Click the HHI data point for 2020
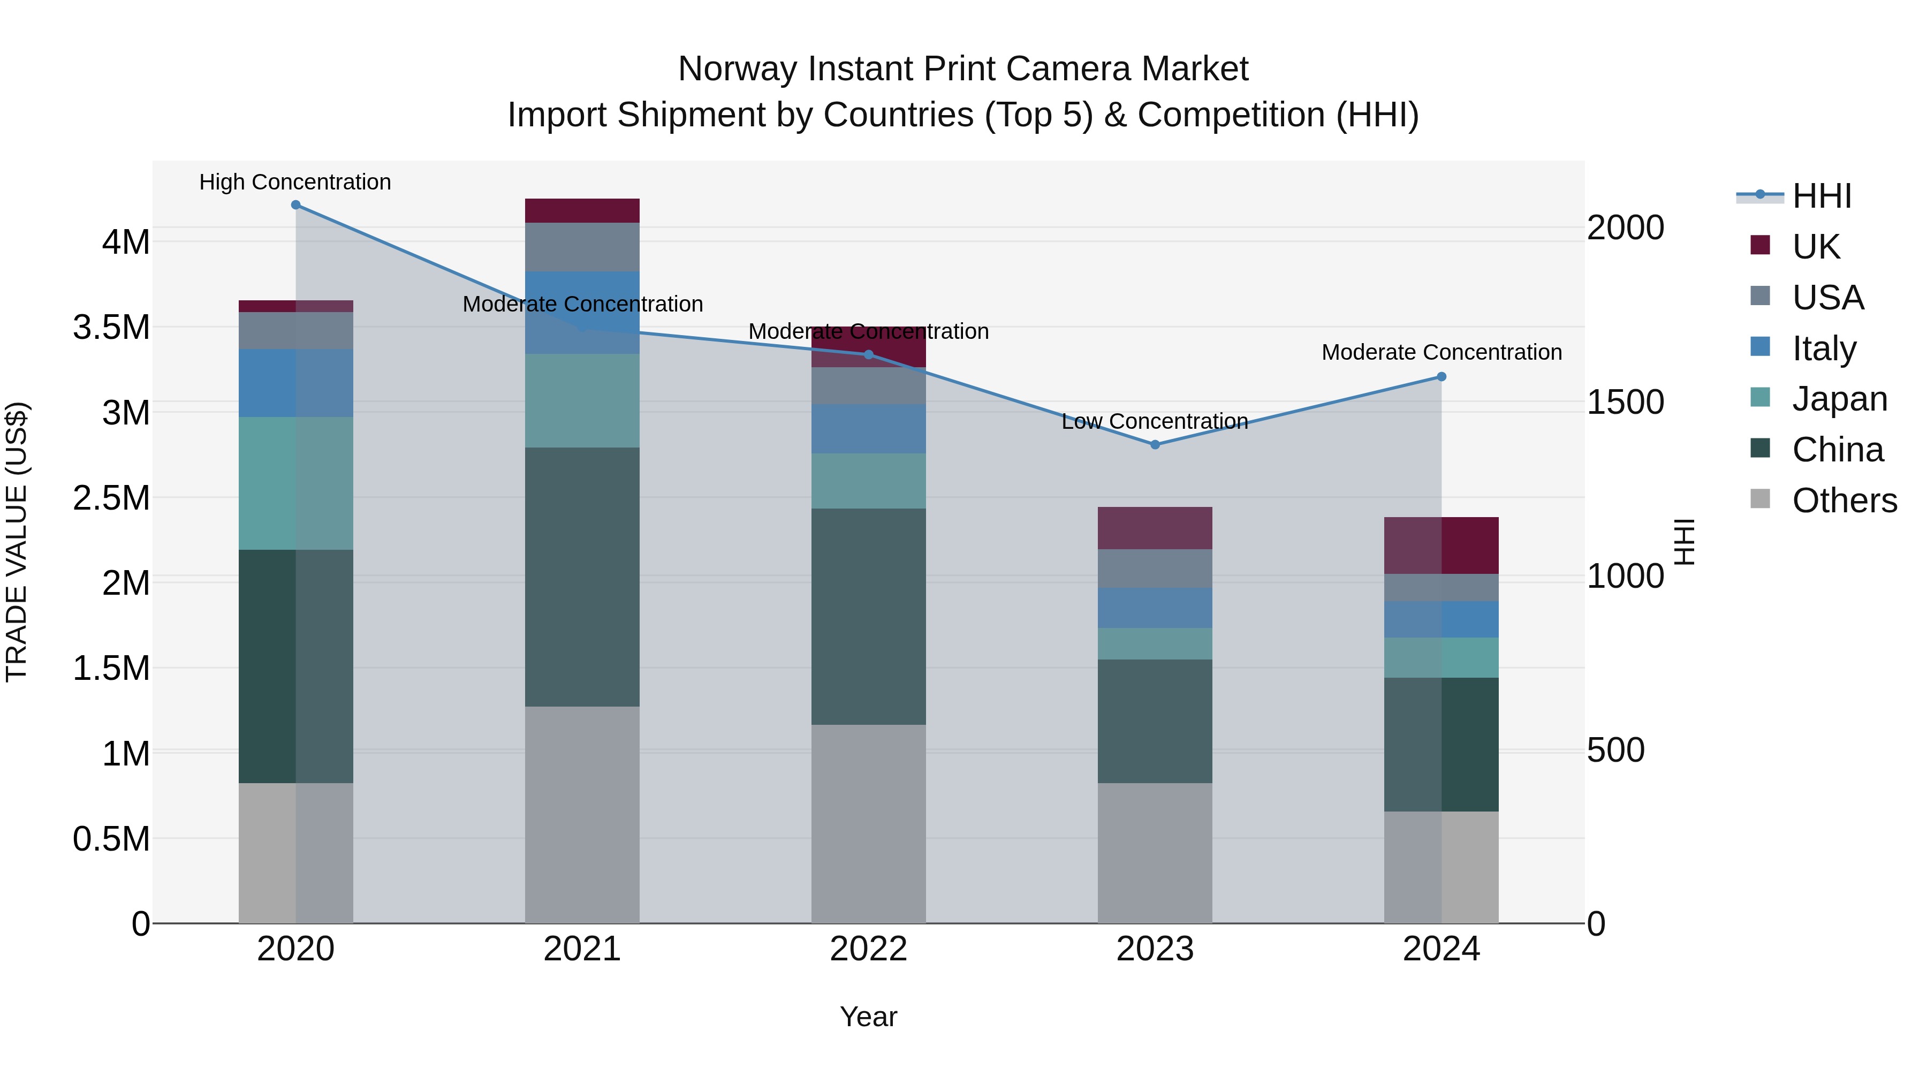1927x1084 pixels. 295,205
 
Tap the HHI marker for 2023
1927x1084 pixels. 1155,444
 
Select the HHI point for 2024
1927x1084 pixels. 1442,377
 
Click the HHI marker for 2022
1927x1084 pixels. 869,354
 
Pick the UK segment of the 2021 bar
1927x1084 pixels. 582,211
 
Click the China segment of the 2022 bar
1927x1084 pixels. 869,617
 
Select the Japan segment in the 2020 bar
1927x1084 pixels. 295,483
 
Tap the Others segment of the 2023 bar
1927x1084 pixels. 1155,853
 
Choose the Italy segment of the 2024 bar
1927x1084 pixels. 1442,619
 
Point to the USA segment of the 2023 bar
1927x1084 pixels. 1155,568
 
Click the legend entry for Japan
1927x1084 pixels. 1839,399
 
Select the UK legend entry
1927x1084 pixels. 1816,246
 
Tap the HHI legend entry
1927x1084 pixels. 1822,196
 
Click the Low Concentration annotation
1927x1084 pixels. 1155,421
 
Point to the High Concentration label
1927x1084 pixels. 295,182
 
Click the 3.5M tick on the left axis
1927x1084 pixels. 111,328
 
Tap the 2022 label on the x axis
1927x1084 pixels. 869,949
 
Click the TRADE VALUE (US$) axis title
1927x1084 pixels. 17,542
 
